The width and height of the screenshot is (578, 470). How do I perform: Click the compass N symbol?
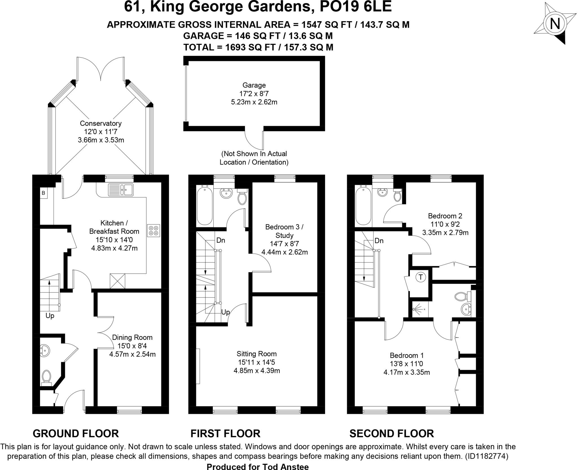pos(555,24)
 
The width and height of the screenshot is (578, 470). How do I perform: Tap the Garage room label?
pos(254,85)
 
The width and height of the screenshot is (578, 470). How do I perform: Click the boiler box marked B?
pos(43,193)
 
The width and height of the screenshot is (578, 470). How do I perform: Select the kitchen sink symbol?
pos(121,189)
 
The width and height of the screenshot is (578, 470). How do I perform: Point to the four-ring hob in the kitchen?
pos(154,230)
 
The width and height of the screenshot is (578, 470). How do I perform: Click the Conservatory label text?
pos(101,123)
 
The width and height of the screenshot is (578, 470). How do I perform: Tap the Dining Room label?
pos(132,337)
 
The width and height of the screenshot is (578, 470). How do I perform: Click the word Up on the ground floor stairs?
pos(50,316)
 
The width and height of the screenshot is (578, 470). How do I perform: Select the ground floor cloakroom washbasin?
pos(45,350)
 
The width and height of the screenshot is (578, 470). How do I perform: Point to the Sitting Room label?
pos(257,354)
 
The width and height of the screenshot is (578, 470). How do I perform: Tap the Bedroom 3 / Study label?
pos(284,231)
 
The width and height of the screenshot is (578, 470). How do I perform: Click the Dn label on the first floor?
pos(221,241)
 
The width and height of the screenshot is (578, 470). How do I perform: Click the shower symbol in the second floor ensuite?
pos(419,309)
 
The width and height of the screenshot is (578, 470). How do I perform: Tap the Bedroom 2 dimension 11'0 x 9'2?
pos(445,224)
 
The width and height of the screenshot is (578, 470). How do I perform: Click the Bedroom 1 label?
pos(407,355)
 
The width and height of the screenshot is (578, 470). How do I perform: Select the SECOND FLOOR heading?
pos(391,433)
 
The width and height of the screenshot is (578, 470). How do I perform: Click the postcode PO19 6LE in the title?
pos(355,7)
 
